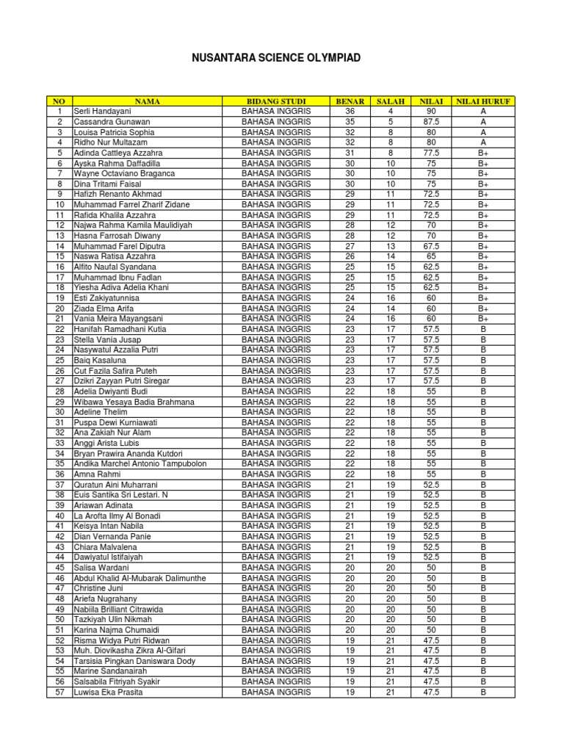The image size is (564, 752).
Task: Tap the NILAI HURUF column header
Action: coord(483,101)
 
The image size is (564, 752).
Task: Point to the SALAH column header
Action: coord(391,101)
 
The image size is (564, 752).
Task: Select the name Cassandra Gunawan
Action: coord(112,121)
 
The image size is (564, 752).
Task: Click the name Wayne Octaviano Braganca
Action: coord(124,173)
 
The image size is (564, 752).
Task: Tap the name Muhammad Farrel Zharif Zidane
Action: coord(131,204)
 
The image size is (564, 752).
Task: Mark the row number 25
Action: coord(59,361)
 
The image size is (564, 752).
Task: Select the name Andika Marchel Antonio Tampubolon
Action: coord(140,464)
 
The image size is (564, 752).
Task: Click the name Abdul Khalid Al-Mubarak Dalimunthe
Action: coord(140,579)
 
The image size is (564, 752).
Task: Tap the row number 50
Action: coord(59,620)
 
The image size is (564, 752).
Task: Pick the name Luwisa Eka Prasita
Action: coord(108,693)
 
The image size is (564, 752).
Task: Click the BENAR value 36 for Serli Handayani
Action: coord(350,111)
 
